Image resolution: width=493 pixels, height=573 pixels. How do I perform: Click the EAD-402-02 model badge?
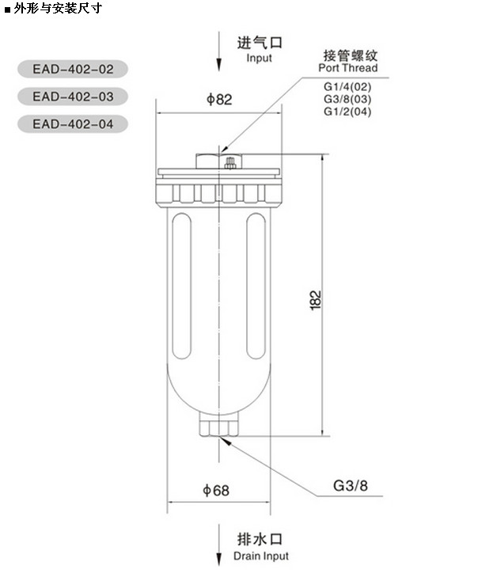[x=73, y=69]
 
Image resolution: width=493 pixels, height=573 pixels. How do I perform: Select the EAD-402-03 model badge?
[x=73, y=97]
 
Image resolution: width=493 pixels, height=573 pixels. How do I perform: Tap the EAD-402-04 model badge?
[x=73, y=124]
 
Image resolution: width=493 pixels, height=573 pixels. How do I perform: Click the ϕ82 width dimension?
[x=219, y=100]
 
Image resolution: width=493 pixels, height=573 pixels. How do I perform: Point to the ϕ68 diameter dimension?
[x=215, y=491]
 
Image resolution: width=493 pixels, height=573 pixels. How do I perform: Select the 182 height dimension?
[x=315, y=300]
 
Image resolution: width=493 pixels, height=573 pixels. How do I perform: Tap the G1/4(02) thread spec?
[x=347, y=86]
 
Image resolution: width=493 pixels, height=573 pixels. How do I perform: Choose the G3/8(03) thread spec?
[x=347, y=99]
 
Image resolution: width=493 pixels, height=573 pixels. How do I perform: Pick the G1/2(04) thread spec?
[x=347, y=112]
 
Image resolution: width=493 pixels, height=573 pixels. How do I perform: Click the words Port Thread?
[x=348, y=68]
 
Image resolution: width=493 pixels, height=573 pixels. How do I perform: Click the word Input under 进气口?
[x=259, y=58]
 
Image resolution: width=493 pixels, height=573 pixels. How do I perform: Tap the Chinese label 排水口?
[x=260, y=541]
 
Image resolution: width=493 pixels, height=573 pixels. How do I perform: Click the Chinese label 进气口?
[x=260, y=43]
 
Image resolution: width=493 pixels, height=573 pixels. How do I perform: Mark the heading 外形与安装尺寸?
[x=57, y=9]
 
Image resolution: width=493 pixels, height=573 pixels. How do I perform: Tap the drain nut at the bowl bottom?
[x=218, y=427]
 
